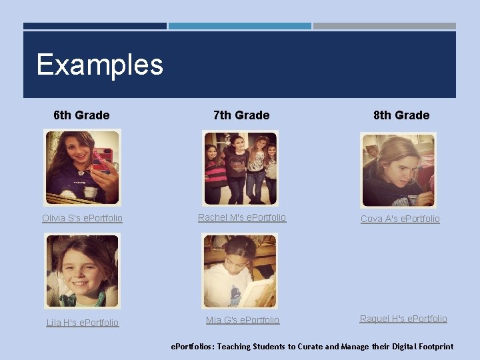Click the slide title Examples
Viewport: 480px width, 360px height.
pos(100,65)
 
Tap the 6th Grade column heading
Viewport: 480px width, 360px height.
pos(81,115)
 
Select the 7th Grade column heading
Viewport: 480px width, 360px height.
pos(241,115)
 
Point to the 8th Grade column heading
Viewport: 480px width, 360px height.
pos(401,115)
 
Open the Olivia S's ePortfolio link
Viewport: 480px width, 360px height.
pos(82,218)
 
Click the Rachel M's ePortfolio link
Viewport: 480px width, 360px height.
pos(242,217)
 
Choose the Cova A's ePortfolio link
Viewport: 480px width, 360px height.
pos(400,219)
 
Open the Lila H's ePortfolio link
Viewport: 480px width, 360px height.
pos(82,323)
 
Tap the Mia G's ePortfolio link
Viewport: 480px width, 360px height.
pos(243,320)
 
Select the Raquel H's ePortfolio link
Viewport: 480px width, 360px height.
pos(403,319)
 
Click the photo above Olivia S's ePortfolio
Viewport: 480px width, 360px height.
pos(82,167)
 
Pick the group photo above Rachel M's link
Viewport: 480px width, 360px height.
pos(240,167)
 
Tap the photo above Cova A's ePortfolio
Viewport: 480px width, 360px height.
pos(398,170)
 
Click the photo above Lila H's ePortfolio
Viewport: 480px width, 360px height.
pos(82,271)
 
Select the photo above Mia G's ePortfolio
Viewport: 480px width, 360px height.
pos(240,271)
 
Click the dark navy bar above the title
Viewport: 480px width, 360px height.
pos(95,26)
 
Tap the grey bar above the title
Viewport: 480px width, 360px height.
pos(385,26)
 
